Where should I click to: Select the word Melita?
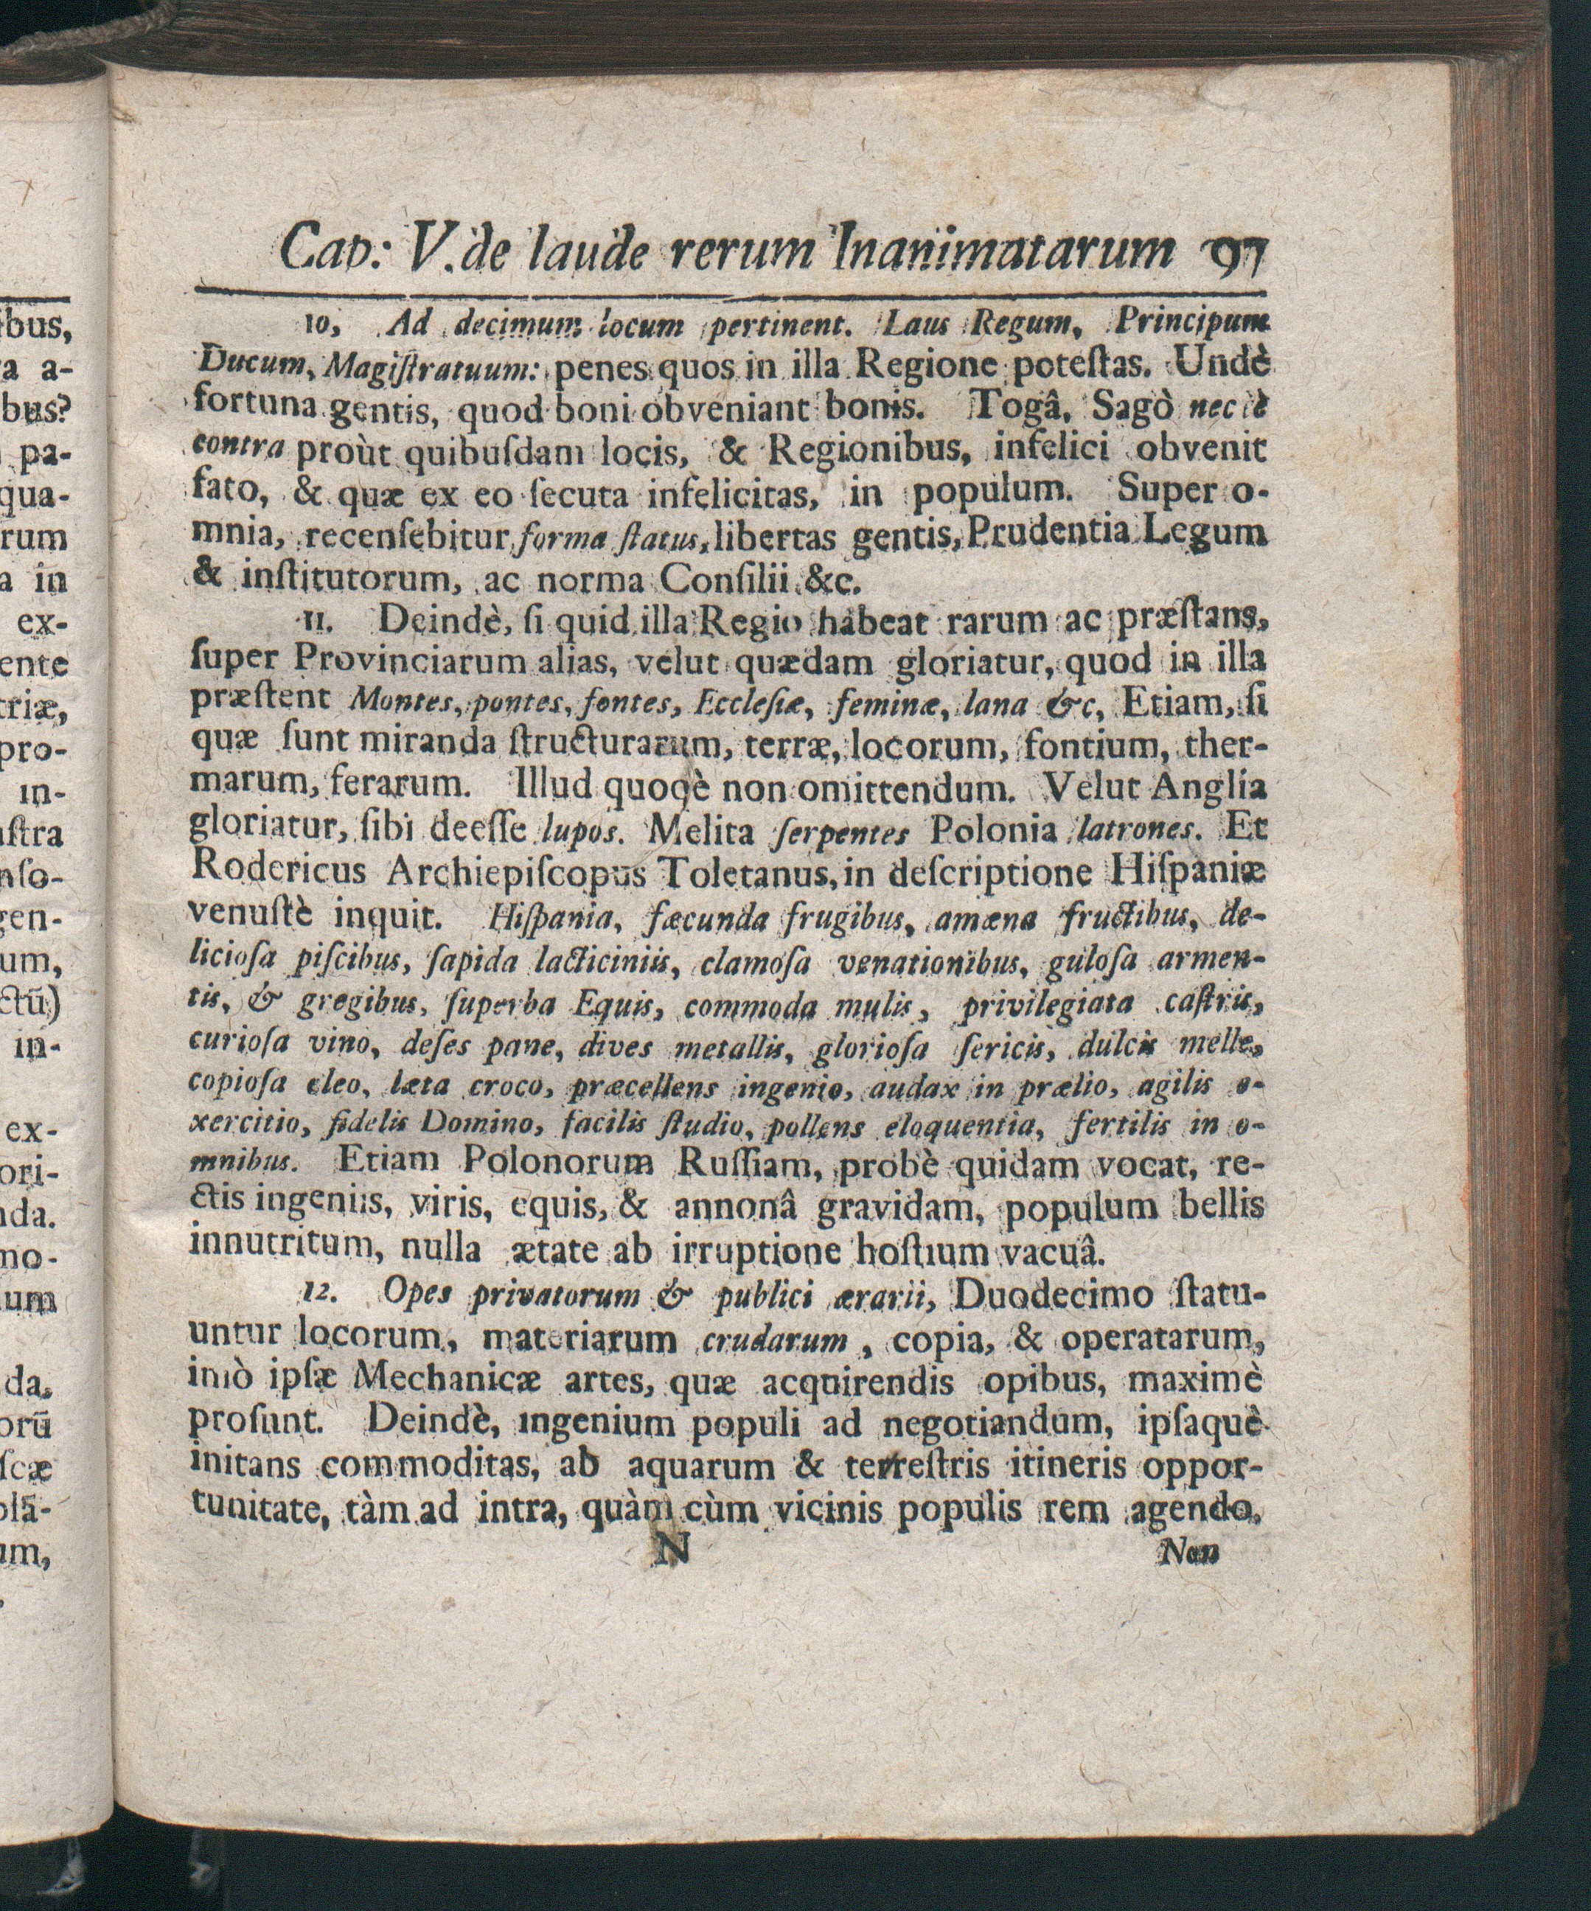702,829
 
